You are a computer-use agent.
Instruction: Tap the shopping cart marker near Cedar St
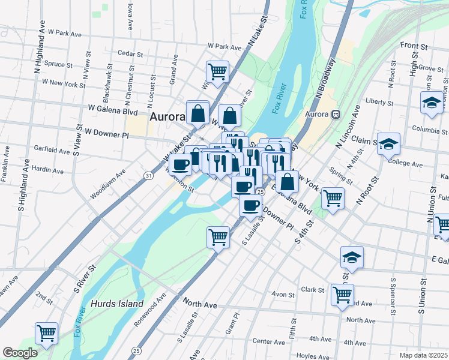218,72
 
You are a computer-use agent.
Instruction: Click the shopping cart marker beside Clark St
342,295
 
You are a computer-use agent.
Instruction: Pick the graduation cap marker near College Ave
388,145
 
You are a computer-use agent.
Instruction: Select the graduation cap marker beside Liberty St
432,103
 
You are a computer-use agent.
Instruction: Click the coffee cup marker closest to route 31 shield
180,164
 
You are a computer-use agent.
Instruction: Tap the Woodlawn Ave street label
108,184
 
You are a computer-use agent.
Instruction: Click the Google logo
20,353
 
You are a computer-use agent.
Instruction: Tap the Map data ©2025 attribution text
423,355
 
